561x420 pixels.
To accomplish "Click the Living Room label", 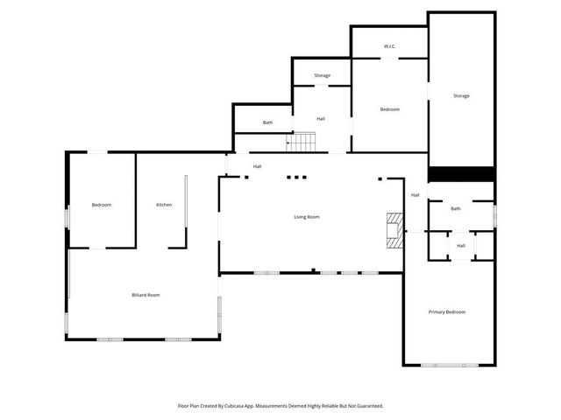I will click(306, 216).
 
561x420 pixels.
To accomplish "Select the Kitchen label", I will click(164, 205).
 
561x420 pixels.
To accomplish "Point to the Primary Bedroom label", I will click(447, 312).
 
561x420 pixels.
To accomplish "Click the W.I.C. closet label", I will click(390, 46).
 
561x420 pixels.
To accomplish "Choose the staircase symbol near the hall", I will click(303, 141).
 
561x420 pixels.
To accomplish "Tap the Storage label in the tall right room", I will click(461, 95).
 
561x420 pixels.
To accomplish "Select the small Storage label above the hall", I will click(322, 76).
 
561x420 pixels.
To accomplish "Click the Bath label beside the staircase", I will click(267, 123).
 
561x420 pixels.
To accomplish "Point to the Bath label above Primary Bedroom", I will click(456, 208).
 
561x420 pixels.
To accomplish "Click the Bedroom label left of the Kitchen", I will click(102, 205).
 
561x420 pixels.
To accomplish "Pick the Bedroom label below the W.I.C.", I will click(389, 109).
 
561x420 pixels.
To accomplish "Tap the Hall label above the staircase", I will click(321, 118).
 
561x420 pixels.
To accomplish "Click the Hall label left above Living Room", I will click(257, 166).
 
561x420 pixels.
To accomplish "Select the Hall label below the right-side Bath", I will click(461, 246).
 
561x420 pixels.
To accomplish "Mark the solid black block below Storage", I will click(461, 174).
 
